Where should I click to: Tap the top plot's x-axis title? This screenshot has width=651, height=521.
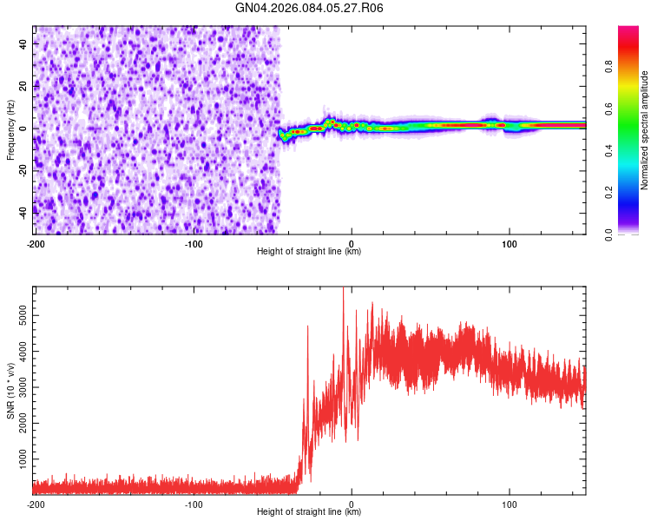(309, 252)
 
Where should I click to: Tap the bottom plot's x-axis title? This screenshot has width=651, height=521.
(309, 512)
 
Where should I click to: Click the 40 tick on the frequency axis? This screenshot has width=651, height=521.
(23, 43)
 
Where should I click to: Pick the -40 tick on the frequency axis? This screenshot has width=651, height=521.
(22, 211)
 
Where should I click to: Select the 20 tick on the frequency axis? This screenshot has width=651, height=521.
(23, 85)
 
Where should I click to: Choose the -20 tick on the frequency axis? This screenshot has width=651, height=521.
(22, 169)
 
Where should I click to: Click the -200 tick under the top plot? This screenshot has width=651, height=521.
(36, 243)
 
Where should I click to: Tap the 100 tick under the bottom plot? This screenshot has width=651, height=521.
(510, 504)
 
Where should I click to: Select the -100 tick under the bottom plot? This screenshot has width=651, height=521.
(194, 504)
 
